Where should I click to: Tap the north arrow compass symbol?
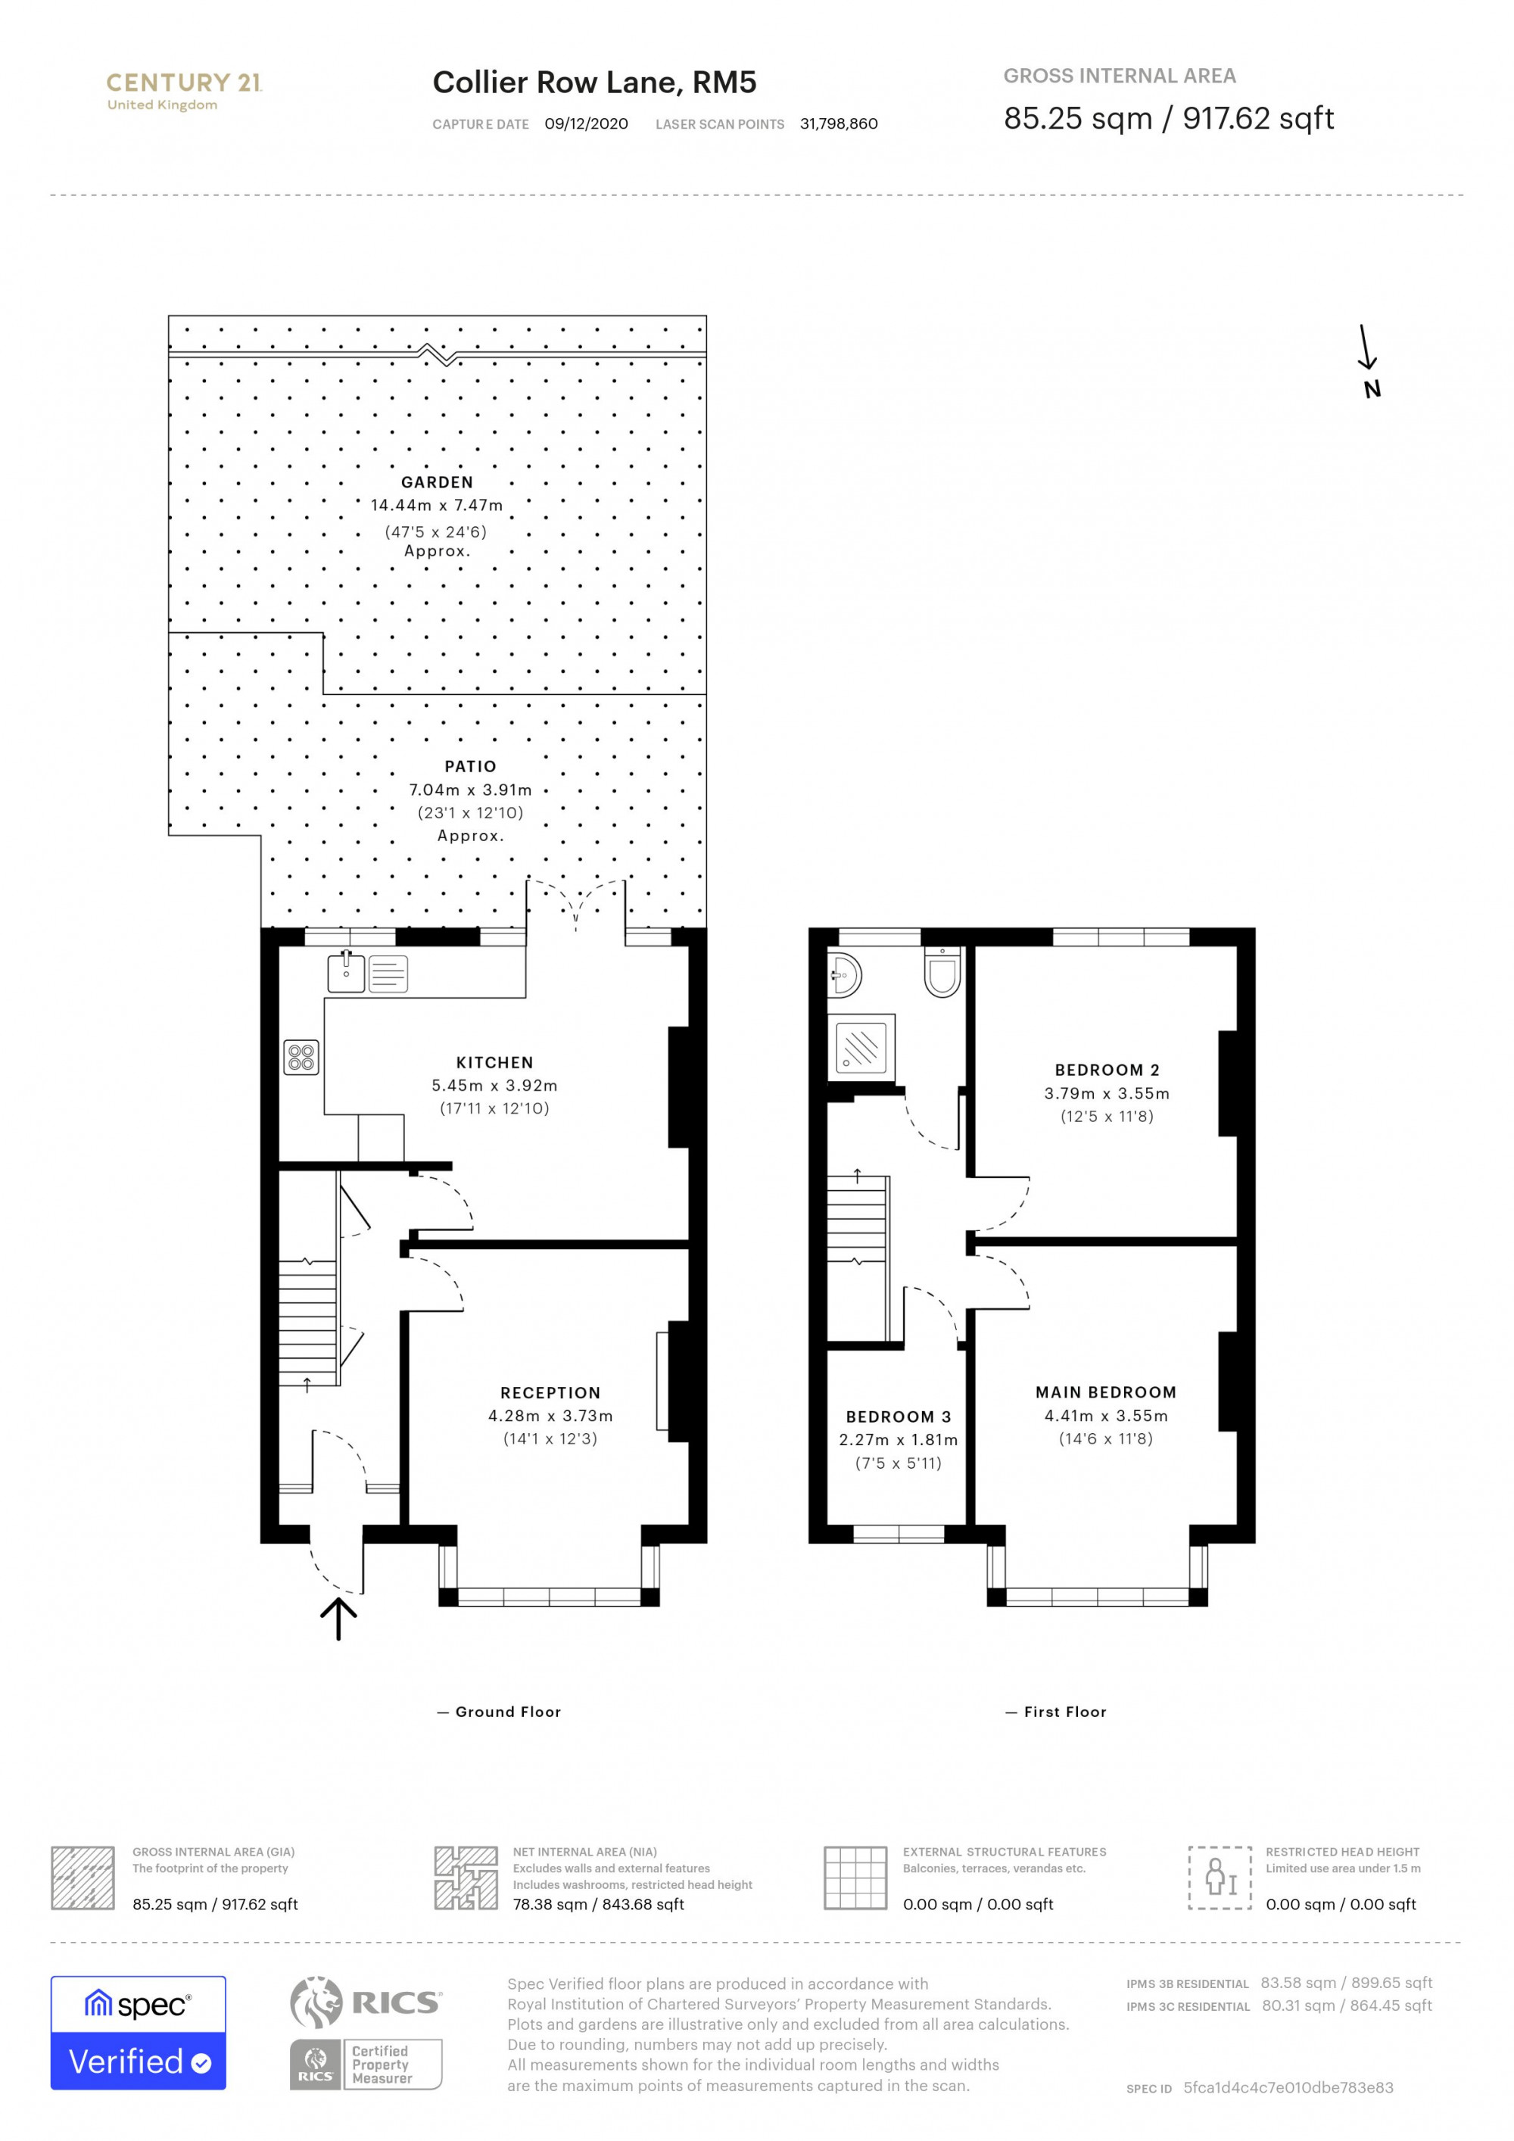coord(1368,361)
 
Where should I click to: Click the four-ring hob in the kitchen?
coord(301,1058)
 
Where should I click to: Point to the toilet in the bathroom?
coord(942,974)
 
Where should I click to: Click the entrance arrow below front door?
coord(338,1618)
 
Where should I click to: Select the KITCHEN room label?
coord(494,1062)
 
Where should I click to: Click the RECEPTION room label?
coord(550,1392)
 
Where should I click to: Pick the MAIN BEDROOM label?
coord(1106,1391)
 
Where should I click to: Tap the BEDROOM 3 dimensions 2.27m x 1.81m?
coord(898,1440)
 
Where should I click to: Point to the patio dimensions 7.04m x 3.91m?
coord(470,790)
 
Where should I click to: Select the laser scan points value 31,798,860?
coord(838,124)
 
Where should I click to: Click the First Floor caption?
coord(1064,1712)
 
